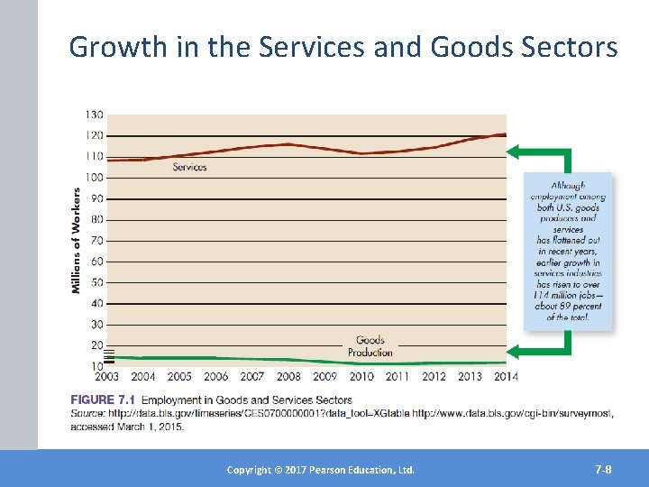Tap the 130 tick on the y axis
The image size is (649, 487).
pyautogui.click(x=95, y=115)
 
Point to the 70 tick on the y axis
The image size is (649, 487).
pyautogui.click(x=95, y=241)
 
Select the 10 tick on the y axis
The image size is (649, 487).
pyautogui.click(x=95, y=366)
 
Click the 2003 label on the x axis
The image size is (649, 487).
pyautogui.click(x=106, y=377)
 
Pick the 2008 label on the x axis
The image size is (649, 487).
pyautogui.click(x=288, y=377)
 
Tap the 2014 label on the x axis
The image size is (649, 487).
pyautogui.click(x=507, y=377)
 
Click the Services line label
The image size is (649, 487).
pyautogui.click(x=189, y=167)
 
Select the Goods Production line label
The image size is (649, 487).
pyautogui.click(x=370, y=346)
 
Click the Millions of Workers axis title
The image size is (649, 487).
pyautogui.click(x=77, y=240)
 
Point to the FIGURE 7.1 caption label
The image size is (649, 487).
pyautogui.click(x=102, y=400)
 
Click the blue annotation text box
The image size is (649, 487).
pyautogui.click(x=568, y=251)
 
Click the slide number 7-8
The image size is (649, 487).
pyautogui.click(x=603, y=470)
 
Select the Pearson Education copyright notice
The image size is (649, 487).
pyautogui.click(x=320, y=470)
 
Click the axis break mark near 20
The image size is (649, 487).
pyautogui.click(x=109, y=354)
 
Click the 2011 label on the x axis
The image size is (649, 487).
pyautogui.click(x=398, y=377)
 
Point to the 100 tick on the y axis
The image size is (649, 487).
pyautogui.click(x=95, y=178)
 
